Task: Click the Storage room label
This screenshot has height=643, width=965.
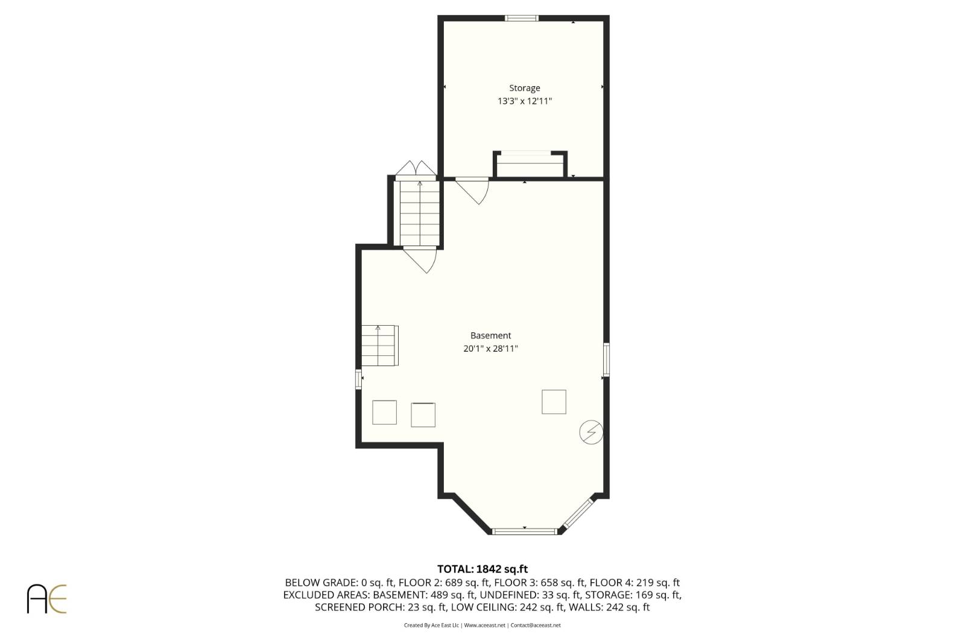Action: [524, 88]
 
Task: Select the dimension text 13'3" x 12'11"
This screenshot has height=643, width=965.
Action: [524, 101]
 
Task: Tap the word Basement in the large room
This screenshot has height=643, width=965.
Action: [490, 335]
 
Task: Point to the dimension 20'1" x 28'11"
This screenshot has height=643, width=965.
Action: [490, 349]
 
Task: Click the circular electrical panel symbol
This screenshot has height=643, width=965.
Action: [590, 432]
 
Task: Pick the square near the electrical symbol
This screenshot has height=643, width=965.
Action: [554, 402]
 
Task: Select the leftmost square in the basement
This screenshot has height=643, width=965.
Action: [384, 412]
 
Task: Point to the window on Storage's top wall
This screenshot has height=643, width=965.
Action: [521, 18]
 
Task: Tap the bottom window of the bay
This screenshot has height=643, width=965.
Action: [524, 531]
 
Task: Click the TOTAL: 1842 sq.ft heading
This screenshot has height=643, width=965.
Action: [482, 569]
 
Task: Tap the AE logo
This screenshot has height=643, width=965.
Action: [46, 598]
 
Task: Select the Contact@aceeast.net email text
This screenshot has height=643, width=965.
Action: [536, 626]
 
